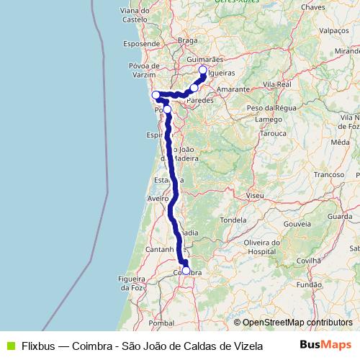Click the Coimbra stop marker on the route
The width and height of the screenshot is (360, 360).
(x=186, y=271)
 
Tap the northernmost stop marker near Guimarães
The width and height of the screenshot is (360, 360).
(x=202, y=70)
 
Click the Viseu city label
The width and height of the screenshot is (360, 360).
(x=254, y=195)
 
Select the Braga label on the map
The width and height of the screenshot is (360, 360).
(x=187, y=41)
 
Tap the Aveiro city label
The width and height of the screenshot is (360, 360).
(x=158, y=197)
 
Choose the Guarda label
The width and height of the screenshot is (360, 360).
(x=339, y=216)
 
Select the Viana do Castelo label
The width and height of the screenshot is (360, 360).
(x=135, y=15)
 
